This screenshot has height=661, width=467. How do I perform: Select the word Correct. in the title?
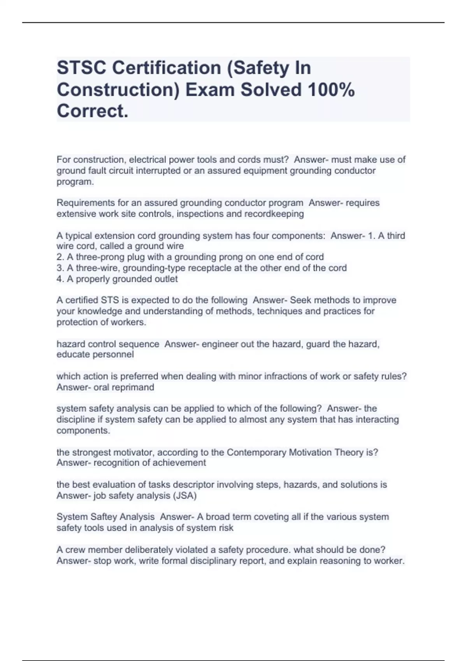coord(93,111)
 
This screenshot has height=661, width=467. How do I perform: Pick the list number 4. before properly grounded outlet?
coord(60,279)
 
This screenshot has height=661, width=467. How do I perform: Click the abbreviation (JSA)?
coord(184,496)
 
